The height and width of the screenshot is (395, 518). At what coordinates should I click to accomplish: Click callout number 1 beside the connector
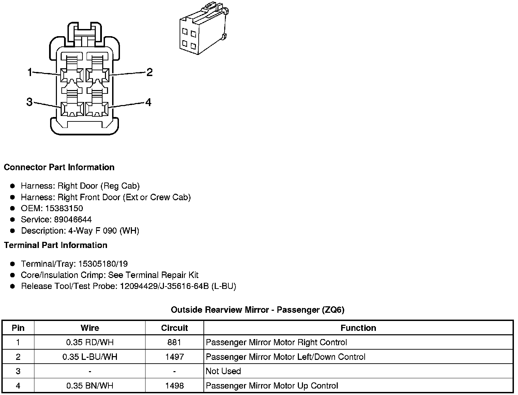pyautogui.click(x=30, y=72)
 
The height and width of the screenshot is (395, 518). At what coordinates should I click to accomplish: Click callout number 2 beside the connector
pyautogui.click(x=149, y=72)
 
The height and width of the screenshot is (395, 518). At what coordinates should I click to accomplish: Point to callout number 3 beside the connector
pyautogui.click(x=29, y=102)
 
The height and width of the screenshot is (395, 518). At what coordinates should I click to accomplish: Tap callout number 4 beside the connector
pyautogui.click(x=148, y=102)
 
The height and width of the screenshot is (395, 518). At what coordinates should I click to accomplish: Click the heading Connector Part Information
pyautogui.click(x=59, y=167)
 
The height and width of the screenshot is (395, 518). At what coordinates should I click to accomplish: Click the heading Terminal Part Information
pyautogui.click(x=56, y=245)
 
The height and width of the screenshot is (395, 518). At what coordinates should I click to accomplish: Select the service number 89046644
pyautogui.click(x=73, y=220)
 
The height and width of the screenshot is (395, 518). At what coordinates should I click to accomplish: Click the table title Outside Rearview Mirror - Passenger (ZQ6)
pyautogui.click(x=257, y=310)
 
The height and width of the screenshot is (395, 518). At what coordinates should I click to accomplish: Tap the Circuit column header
pyautogui.click(x=174, y=328)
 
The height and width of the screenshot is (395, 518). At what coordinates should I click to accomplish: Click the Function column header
pyautogui.click(x=358, y=328)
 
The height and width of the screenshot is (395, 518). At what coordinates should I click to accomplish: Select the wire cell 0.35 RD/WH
pyautogui.click(x=90, y=342)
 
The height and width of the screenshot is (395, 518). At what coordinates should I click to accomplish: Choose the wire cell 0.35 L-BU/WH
pyautogui.click(x=90, y=357)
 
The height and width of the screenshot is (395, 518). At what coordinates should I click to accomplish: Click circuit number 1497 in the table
pyautogui.click(x=174, y=357)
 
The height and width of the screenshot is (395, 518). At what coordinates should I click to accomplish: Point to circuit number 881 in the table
pyautogui.click(x=174, y=342)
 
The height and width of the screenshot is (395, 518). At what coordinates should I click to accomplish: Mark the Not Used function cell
pyautogui.click(x=223, y=371)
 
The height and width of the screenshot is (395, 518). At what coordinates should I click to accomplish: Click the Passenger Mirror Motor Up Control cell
pyautogui.click(x=272, y=386)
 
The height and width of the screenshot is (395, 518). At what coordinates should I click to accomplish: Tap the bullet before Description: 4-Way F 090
pyautogui.click(x=13, y=231)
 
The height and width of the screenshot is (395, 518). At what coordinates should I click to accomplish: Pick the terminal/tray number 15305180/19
pyautogui.click(x=103, y=264)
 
